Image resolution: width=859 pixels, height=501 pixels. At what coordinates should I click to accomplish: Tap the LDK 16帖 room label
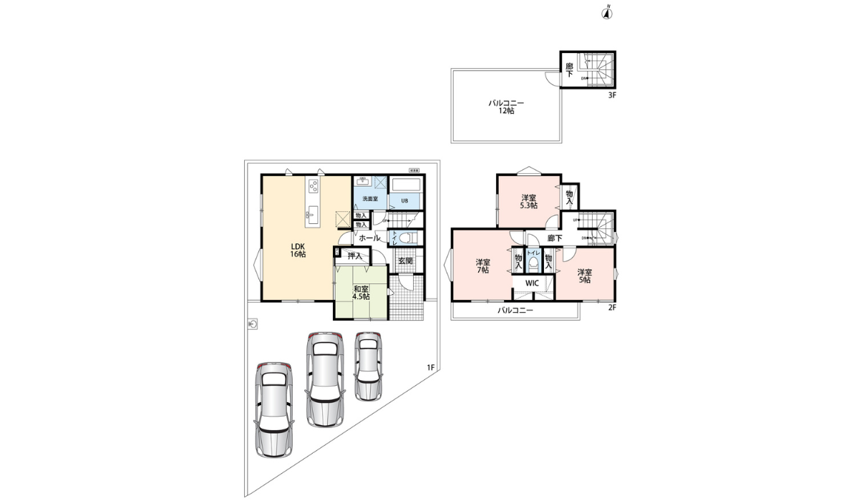pyautogui.click(x=299, y=250)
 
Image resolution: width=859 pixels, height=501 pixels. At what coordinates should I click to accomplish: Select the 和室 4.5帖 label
pyautogui.click(x=361, y=292)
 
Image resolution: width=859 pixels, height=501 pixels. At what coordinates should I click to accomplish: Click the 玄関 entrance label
pyautogui.click(x=405, y=261)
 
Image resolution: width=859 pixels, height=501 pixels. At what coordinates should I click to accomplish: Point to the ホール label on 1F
pyautogui.click(x=369, y=238)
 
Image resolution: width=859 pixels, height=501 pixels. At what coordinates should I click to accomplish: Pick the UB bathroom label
pyautogui.click(x=404, y=200)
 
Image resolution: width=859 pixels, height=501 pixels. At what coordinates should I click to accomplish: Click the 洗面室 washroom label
pyautogui.click(x=369, y=198)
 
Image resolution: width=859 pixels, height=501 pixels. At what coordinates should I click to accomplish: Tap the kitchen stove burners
pyautogui.click(x=314, y=186)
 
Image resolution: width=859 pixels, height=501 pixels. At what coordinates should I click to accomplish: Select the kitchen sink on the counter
pyautogui.click(x=313, y=213)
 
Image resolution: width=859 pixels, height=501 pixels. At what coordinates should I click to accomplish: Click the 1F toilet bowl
pyautogui.click(x=405, y=238)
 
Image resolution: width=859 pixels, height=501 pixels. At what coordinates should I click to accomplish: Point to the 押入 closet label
pyautogui.click(x=354, y=256)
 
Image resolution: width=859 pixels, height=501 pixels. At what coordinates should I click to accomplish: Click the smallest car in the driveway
pyautogui.click(x=367, y=365)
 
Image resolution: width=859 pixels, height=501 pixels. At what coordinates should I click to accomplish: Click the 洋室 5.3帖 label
pyautogui.click(x=529, y=201)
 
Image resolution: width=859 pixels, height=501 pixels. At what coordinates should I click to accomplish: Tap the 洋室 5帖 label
pyautogui.click(x=584, y=275)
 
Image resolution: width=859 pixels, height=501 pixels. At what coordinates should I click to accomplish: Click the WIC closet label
pyautogui.click(x=532, y=283)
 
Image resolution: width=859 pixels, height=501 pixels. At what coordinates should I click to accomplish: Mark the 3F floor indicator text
pyautogui.click(x=612, y=95)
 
